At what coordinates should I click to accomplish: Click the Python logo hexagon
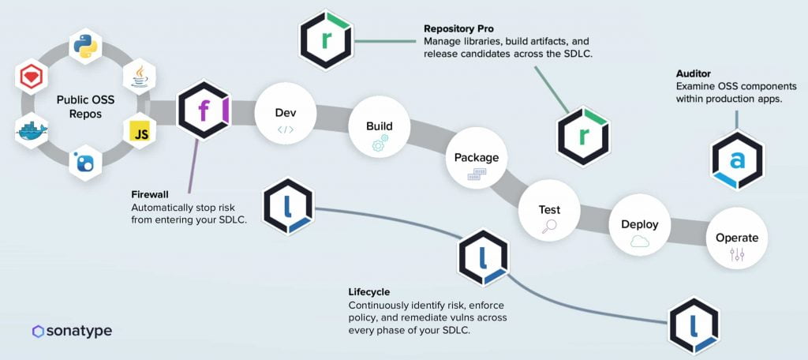[85, 47]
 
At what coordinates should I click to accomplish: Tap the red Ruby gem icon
[32, 77]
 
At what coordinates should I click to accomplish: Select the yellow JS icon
[140, 132]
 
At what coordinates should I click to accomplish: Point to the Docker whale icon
[32, 131]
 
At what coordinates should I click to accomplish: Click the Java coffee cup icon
[140, 77]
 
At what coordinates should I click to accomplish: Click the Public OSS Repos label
[85, 106]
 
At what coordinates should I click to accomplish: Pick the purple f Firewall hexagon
[204, 109]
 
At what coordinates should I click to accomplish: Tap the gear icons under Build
[380, 143]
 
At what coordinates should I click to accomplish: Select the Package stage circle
[476, 158]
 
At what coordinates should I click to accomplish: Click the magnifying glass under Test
[549, 226]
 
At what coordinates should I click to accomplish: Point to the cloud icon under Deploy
[639, 242]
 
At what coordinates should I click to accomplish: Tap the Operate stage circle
[737, 238]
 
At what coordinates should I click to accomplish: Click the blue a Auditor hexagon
[738, 161]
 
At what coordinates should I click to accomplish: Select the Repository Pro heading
[458, 29]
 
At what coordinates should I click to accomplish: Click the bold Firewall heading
[150, 196]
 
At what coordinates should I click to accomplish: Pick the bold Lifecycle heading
[369, 292]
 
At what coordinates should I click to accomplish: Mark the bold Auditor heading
[693, 74]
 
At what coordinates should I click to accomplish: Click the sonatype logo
[72, 331]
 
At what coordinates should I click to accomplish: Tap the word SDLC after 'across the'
[578, 54]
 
